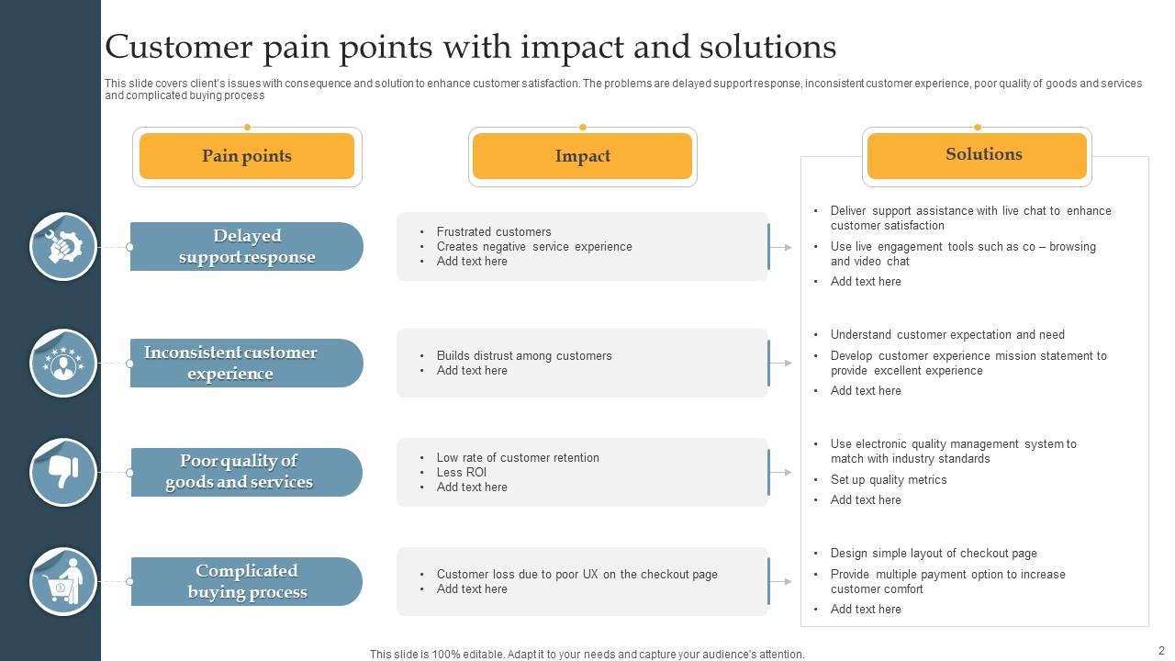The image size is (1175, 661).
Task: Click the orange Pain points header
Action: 247,156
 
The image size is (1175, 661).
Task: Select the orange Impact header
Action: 582,156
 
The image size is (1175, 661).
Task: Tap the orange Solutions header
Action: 977,154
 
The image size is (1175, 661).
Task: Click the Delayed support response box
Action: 246,247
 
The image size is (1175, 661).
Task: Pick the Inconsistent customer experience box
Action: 246,364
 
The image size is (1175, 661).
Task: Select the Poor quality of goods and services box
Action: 246,472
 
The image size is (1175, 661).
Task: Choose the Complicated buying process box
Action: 246,581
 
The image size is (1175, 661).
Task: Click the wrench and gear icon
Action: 63,246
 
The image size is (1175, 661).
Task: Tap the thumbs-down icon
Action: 63,472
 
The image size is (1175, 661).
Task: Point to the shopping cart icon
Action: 63,581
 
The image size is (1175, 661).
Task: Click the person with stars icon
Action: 63,364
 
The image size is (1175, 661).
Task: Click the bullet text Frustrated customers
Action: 494,231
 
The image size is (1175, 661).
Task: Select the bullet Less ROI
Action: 462,472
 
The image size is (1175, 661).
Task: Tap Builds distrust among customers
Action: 524,355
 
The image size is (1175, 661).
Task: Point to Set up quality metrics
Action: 889,479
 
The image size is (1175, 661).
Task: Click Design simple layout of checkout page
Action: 934,553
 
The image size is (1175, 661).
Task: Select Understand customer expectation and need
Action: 947,334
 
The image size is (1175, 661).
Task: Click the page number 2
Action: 1161,649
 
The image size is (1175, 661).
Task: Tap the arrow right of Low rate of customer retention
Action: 781,472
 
